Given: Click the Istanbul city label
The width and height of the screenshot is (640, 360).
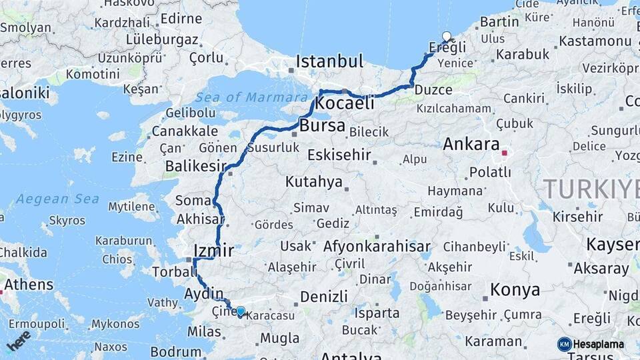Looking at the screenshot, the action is (x=329, y=61).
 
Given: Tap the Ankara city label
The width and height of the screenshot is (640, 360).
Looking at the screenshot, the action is (x=471, y=144).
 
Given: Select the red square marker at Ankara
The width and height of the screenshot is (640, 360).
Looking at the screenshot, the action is (x=505, y=153).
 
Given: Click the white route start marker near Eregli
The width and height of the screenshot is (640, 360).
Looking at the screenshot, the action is (x=447, y=37).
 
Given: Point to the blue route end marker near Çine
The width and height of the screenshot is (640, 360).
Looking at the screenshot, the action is (x=241, y=311).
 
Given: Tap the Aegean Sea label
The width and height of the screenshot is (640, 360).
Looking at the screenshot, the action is (x=57, y=199).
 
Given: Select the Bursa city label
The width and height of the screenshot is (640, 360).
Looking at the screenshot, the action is (x=323, y=125).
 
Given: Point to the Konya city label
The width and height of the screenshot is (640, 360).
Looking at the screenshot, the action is (x=515, y=290).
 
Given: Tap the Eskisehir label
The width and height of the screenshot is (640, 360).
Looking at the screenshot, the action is (x=339, y=155).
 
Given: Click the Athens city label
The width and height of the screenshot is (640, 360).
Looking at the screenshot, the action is (x=29, y=285).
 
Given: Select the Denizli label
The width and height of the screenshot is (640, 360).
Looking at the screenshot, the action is (x=325, y=296).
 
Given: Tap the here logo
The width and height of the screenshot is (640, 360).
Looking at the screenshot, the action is (x=19, y=340).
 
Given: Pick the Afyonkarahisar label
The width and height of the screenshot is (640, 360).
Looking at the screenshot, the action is (x=377, y=246).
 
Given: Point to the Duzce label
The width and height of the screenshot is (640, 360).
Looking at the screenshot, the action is (x=433, y=89).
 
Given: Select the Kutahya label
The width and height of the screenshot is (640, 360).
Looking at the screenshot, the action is (x=314, y=181).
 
